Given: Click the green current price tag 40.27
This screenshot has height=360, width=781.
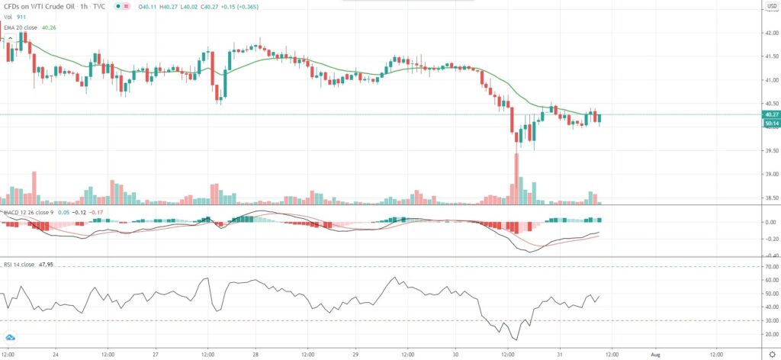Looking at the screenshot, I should (770, 114).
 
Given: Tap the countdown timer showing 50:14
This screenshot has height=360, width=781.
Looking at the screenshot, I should (770, 123).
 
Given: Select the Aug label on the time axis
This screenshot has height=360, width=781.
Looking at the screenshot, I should (660, 355).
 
